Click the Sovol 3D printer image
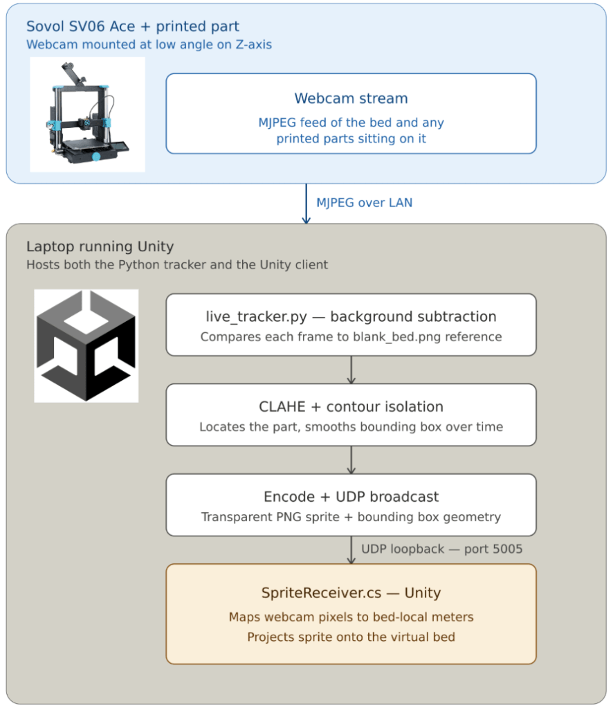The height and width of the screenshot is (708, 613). (88, 114)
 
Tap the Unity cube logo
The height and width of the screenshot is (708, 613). (86, 346)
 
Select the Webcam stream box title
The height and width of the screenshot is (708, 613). (351, 98)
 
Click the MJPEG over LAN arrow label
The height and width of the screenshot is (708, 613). (365, 203)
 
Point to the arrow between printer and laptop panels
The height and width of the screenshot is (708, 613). (306, 203)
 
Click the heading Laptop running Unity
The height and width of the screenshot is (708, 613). (100, 246)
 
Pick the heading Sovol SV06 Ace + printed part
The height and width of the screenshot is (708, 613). (133, 26)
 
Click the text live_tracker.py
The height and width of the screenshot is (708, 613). (257, 317)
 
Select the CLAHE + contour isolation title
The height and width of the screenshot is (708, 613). (351, 407)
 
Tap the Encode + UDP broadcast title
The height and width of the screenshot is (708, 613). (351, 497)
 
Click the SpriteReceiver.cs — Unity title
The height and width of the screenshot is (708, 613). (351, 593)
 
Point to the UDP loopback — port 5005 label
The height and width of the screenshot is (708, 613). (442, 549)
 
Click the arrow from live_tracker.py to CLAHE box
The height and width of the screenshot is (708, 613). (351, 370)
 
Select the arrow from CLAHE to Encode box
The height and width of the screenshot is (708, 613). (351, 460)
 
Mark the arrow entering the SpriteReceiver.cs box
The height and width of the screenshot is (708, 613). (351, 550)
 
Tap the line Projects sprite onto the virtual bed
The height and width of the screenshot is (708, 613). (351, 637)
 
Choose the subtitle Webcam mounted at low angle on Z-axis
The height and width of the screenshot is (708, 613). (149, 45)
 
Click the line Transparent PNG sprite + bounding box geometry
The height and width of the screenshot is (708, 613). (351, 517)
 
